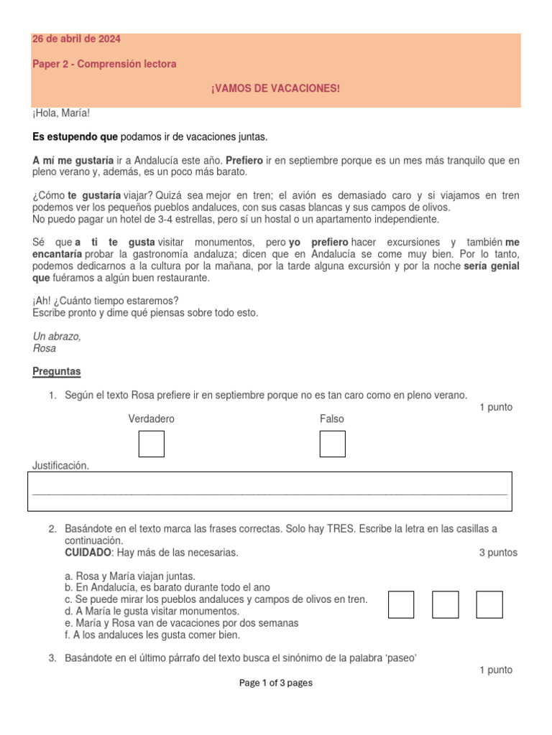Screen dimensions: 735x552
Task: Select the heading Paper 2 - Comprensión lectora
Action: point(104,64)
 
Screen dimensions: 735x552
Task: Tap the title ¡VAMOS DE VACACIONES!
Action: point(275,88)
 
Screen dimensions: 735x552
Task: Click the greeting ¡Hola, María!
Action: point(61,113)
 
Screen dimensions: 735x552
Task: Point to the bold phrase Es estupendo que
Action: point(74,136)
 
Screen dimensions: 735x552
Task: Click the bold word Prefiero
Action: point(244,161)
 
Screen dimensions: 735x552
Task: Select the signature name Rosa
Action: point(45,348)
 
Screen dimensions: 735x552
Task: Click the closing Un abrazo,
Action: point(57,336)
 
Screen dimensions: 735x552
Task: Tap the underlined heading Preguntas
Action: point(57,371)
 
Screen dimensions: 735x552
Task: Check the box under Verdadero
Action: point(151,444)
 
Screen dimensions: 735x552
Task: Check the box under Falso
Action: point(332,444)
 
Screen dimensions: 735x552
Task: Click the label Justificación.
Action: point(61,466)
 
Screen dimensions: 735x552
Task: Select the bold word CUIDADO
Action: point(88,553)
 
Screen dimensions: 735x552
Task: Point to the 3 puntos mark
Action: point(497,553)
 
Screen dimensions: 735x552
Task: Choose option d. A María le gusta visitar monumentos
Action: point(152,611)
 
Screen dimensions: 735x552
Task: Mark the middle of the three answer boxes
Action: point(445,604)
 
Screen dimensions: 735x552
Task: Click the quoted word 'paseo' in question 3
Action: point(402,657)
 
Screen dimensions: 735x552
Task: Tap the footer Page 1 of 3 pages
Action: point(275,683)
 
